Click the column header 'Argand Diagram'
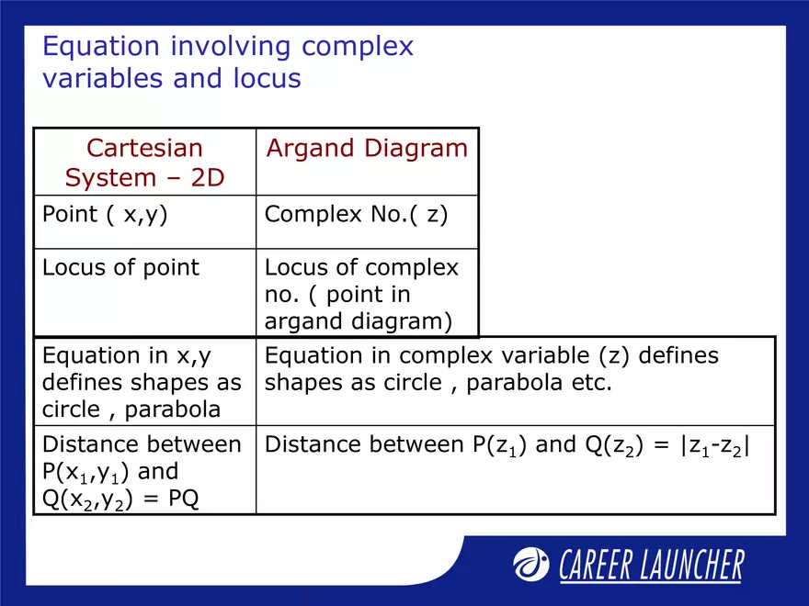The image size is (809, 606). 367,149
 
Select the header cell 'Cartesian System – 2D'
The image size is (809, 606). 144,163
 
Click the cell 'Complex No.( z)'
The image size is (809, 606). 356,215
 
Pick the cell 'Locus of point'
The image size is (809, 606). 120,268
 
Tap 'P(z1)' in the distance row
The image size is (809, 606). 495,446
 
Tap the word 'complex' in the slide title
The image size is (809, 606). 359,47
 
